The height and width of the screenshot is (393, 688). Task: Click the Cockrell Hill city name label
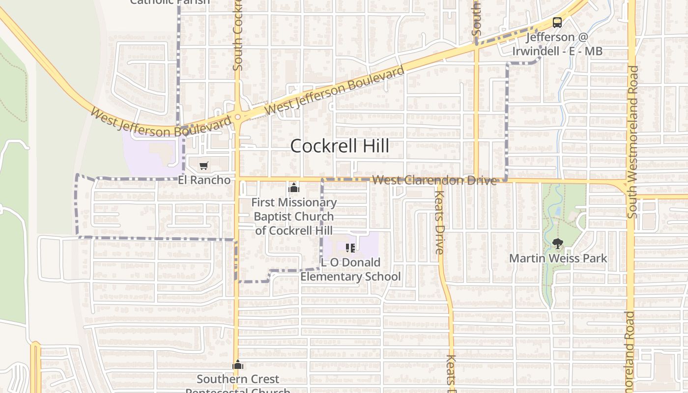click(340, 146)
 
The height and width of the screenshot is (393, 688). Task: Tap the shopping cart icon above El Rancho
click(203, 166)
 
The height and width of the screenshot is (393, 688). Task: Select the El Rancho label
click(204, 180)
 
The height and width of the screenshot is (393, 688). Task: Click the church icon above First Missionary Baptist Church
click(294, 188)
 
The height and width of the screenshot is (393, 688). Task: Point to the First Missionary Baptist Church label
click(294, 216)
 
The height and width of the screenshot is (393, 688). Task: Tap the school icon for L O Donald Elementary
click(350, 248)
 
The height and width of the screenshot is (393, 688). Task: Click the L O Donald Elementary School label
click(350, 270)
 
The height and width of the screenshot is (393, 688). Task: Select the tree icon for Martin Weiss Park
click(557, 244)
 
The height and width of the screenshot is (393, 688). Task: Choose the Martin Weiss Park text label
click(558, 258)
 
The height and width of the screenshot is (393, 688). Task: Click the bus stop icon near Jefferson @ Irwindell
click(557, 23)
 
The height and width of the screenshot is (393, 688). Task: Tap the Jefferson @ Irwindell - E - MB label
click(557, 44)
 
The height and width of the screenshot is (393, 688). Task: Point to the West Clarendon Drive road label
click(434, 180)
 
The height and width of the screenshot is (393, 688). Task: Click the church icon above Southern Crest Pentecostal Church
click(238, 365)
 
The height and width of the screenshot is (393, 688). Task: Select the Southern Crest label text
click(238, 379)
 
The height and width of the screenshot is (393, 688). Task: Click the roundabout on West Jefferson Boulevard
click(238, 117)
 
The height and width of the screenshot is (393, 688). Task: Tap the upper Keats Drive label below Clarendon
click(439, 222)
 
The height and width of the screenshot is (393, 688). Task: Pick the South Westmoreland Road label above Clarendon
click(633, 142)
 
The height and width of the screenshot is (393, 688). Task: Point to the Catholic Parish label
click(170, 2)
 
